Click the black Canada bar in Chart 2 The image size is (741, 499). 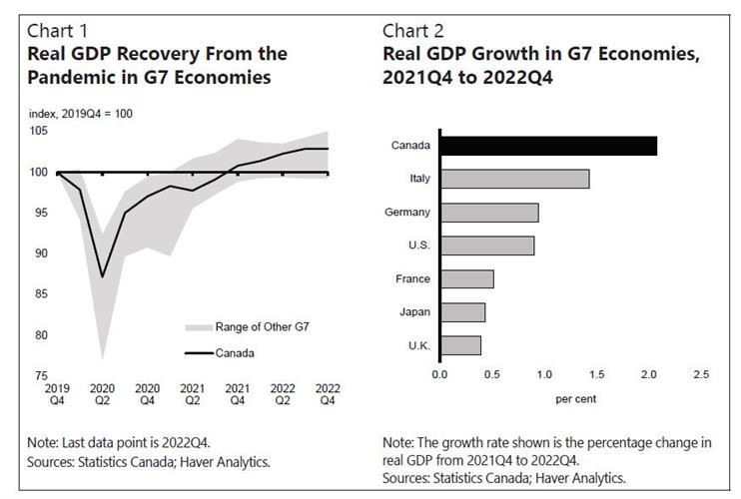point(548,146)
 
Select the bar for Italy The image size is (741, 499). point(514,179)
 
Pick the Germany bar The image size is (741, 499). point(489,213)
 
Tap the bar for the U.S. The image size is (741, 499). point(487,246)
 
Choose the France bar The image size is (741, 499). point(466,278)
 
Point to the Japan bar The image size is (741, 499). point(462,312)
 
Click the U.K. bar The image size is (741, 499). point(460,345)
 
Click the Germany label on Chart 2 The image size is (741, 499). point(407,213)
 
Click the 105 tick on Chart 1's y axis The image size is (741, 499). point(39,132)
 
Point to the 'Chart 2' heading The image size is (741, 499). point(411,29)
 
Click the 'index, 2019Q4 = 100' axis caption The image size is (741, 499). point(81,114)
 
